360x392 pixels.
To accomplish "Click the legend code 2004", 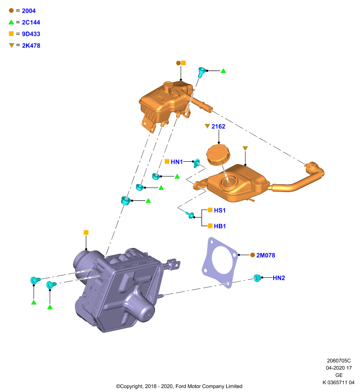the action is (x=28, y=11).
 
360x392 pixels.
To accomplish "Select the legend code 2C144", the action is (x=31, y=22).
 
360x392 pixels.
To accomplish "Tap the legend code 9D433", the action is (x=31, y=34).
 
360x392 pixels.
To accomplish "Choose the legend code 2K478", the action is (x=31, y=46).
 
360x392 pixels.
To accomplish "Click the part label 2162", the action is (x=218, y=126).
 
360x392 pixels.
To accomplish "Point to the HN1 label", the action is (x=177, y=162).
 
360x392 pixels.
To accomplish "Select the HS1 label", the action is (x=220, y=210).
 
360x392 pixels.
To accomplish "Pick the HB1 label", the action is (x=220, y=226).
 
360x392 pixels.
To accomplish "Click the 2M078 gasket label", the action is (x=266, y=255).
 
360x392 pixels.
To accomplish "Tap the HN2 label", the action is (x=279, y=278).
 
